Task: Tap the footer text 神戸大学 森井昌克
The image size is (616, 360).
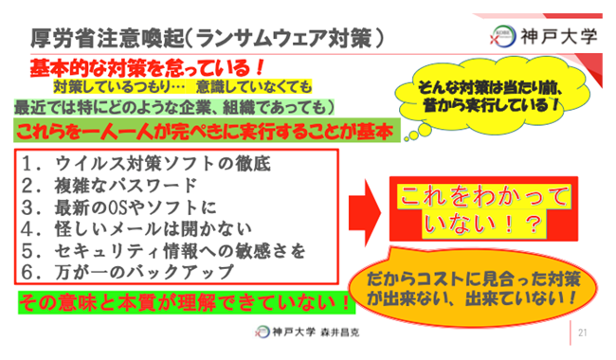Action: tap(309, 333)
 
